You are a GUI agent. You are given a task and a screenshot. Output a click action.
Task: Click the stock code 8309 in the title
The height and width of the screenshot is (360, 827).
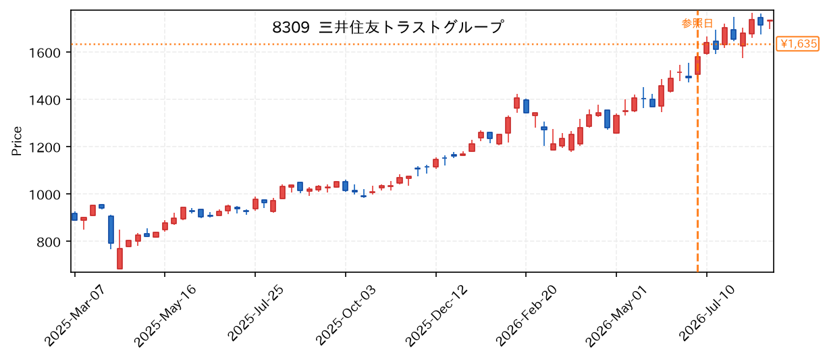click(290, 27)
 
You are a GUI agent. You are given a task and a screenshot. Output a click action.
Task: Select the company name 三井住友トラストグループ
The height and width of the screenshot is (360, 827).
click(411, 27)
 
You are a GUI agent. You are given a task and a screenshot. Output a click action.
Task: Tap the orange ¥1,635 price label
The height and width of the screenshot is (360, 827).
click(797, 44)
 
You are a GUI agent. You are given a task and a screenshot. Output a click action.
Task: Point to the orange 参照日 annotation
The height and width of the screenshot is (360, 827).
click(697, 24)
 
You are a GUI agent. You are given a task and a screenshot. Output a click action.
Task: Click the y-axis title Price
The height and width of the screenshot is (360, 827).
click(17, 141)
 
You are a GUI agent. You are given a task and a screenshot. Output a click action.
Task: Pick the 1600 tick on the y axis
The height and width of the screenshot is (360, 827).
click(45, 53)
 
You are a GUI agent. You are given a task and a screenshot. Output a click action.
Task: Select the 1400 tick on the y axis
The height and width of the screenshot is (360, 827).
click(45, 100)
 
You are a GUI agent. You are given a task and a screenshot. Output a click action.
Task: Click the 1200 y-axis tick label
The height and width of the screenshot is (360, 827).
click(45, 147)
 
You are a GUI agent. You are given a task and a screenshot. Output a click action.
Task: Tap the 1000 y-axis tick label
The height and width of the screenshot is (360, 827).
click(45, 195)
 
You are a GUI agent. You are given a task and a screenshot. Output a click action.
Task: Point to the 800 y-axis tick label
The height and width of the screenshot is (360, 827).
click(49, 242)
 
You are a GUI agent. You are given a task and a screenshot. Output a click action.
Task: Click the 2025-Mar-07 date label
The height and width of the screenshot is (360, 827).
click(75, 315)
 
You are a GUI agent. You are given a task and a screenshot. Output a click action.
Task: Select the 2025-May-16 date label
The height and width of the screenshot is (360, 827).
click(165, 315)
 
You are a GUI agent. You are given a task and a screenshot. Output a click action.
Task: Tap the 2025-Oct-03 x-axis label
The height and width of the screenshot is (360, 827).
click(346, 315)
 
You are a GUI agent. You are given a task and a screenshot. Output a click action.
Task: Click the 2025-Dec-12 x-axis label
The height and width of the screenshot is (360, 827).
click(436, 315)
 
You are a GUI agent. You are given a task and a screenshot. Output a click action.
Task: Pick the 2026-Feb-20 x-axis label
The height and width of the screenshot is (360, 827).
click(527, 315)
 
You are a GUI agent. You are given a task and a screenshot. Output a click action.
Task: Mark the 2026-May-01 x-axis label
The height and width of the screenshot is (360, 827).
click(616, 316)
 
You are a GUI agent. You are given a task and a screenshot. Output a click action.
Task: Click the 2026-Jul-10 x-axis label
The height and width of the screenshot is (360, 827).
click(707, 313)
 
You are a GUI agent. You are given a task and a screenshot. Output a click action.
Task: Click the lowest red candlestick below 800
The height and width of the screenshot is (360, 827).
click(119, 258)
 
